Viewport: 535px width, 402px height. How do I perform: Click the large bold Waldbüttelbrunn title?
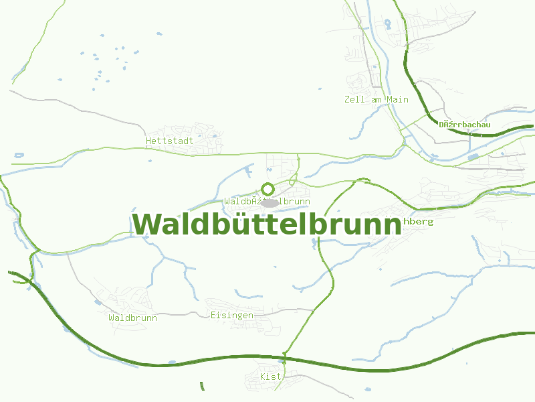(267, 224)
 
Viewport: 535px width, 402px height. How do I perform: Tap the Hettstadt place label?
(169, 141)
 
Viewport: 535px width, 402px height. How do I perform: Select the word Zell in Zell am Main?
(354, 99)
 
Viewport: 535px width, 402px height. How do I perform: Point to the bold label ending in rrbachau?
(465, 125)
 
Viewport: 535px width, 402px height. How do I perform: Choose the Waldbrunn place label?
(132, 318)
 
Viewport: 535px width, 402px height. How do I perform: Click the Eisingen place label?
(231, 315)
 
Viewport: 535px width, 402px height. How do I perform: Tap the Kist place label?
(271, 377)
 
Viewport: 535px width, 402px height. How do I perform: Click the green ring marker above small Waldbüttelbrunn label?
(267, 189)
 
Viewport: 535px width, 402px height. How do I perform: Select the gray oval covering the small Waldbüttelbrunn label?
(270, 202)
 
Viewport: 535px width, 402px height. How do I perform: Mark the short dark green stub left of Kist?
(202, 386)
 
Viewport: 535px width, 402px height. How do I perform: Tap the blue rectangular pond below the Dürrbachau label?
(473, 157)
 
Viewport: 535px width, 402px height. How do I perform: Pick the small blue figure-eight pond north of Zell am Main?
(387, 24)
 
